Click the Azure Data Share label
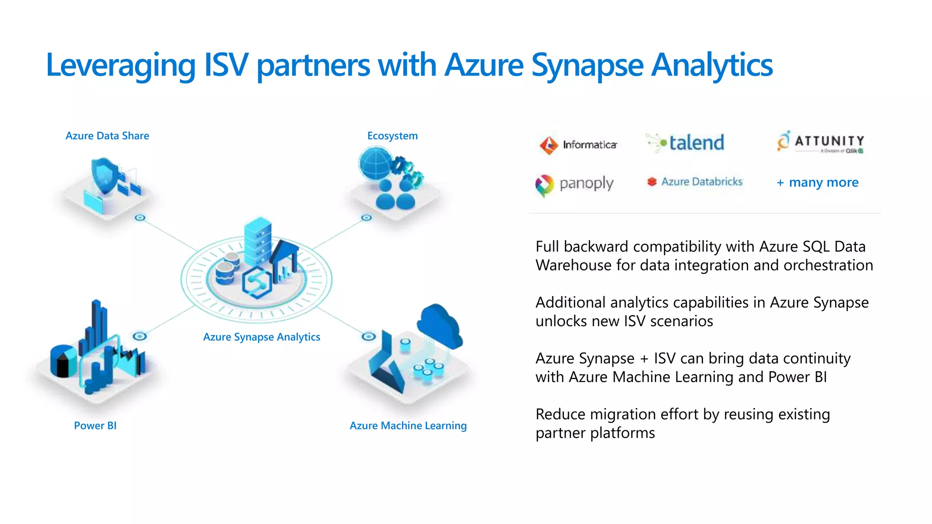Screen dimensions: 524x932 [107, 136]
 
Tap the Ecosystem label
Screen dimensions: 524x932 [392, 136]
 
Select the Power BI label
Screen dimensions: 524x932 [95, 425]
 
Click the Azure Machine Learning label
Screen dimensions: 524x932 [408, 425]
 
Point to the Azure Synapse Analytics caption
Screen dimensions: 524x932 [262, 337]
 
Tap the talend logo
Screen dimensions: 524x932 [686, 143]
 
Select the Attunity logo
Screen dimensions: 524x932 [820, 142]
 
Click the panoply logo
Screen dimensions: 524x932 [574, 184]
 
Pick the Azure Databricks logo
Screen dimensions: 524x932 [695, 181]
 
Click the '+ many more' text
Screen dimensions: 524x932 [817, 182]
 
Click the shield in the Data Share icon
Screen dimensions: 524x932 [104, 175]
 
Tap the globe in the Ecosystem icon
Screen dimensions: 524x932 [375, 164]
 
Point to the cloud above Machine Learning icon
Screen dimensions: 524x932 [439, 325]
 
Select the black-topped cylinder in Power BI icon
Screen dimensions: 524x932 [63, 360]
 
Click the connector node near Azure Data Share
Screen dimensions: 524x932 [140, 218]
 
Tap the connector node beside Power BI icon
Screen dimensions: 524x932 [140, 337]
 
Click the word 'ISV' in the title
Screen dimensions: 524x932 [226, 65]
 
